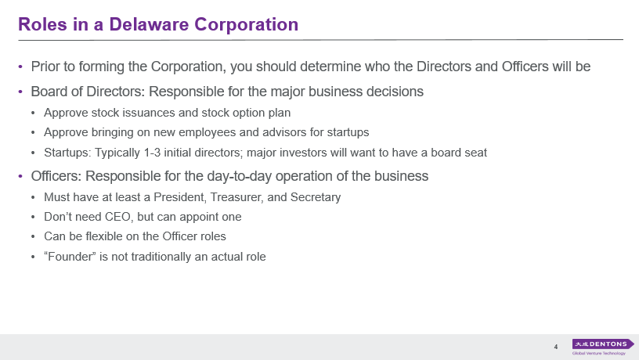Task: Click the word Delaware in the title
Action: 149,24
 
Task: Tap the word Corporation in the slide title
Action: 246,25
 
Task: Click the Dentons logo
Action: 603,344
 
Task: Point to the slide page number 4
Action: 556,347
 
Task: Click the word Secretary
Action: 316,197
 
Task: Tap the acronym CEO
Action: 117,217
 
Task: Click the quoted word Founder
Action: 70,257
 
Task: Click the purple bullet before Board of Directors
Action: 20,92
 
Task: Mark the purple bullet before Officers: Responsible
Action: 20,177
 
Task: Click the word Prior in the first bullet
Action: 43,67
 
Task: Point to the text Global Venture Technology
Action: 598,354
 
